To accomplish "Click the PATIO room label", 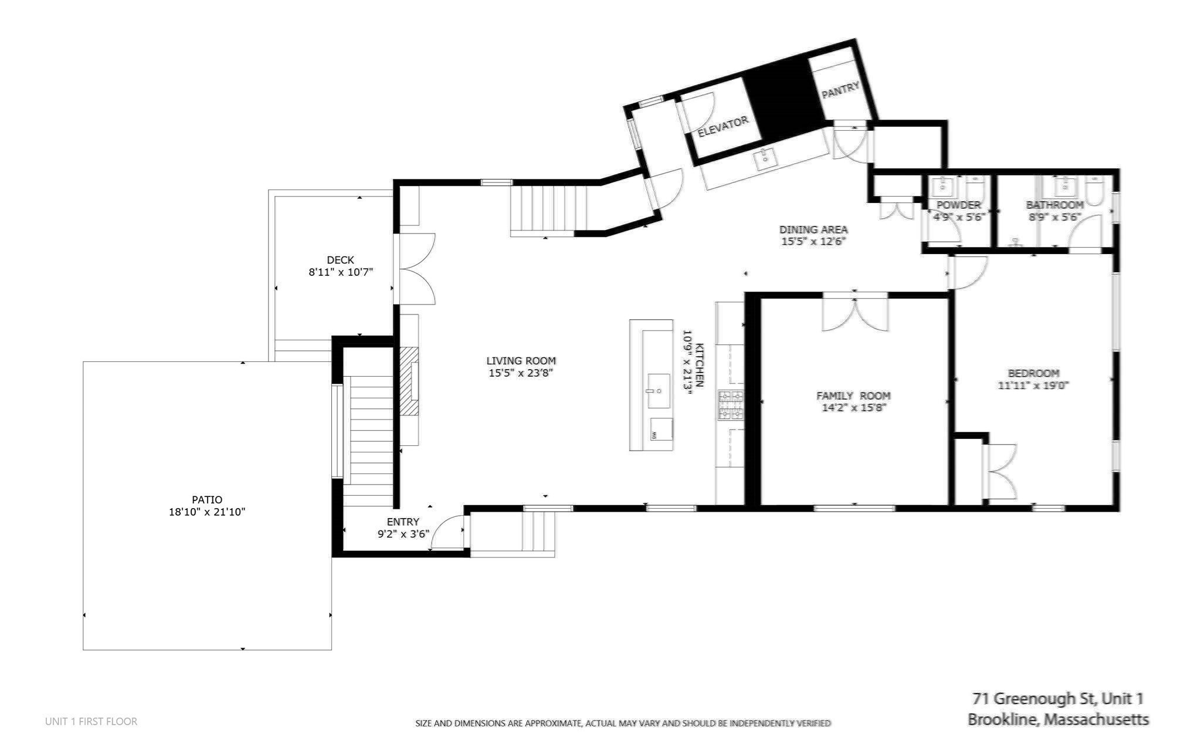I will pyautogui.click(x=207, y=500).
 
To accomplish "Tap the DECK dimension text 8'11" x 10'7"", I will pyautogui.click(x=341, y=272).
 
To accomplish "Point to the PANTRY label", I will pyautogui.click(x=840, y=90).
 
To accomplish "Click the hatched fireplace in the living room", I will pyautogui.click(x=409, y=381).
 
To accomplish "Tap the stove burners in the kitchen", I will pyautogui.click(x=730, y=405).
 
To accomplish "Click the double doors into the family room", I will pyautogui.click(x=854, y=314).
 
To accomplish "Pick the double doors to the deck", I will pyautogui.click(x=415, y=269).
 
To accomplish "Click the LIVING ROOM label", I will pyautogui.click(x=521, y=361).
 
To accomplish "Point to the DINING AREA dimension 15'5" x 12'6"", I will pyautogui.click(x=813, y=241).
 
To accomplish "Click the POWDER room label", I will pyautogui.click(x=958, y=205).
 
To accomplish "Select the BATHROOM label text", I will pyautogui.click(x=1054, y=205).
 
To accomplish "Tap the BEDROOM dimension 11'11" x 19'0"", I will pyautogui.click(x=1033, y=385).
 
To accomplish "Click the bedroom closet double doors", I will pyautogui.click(x=1000, y=472).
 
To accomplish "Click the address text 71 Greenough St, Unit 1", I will pyautogui.click(x=1057, y=699).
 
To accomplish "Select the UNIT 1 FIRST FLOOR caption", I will pyautogui.click(x=91, y=722).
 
